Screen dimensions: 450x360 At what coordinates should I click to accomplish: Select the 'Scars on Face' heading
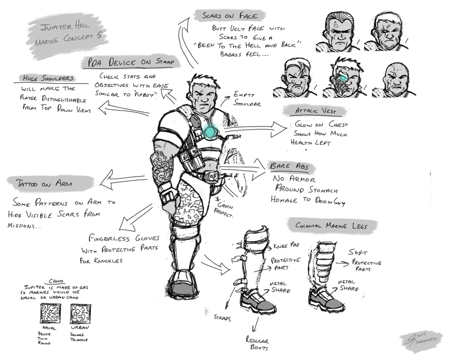226,15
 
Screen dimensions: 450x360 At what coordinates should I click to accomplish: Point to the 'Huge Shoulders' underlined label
49,78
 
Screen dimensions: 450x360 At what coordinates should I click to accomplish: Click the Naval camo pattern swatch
49,314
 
